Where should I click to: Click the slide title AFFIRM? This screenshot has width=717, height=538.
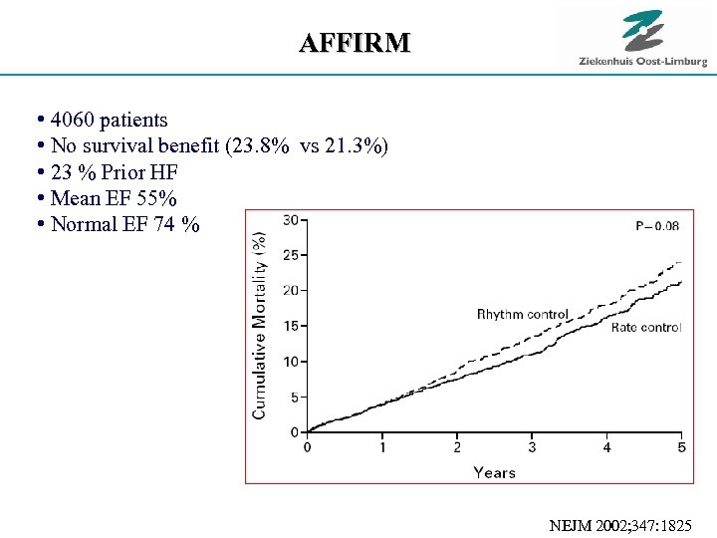[x=355, y=43]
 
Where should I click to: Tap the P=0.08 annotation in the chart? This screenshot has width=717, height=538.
[x=657, y=226]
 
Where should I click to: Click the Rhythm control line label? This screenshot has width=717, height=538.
[x=523, y=315]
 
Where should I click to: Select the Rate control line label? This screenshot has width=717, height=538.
[x=646, y=328]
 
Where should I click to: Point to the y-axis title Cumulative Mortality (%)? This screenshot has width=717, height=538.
[x=260, y=325]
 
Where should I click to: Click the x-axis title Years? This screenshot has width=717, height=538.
[x=494, y=471]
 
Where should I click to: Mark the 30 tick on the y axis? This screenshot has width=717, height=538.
[x=292, y=219]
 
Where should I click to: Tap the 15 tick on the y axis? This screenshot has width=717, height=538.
[x=292, y=326]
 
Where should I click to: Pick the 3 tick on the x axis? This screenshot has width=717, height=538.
[x=532, y=447]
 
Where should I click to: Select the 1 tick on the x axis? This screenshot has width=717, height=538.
[x=382, y=447]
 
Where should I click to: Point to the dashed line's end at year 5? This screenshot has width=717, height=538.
[x=680, y=263]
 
